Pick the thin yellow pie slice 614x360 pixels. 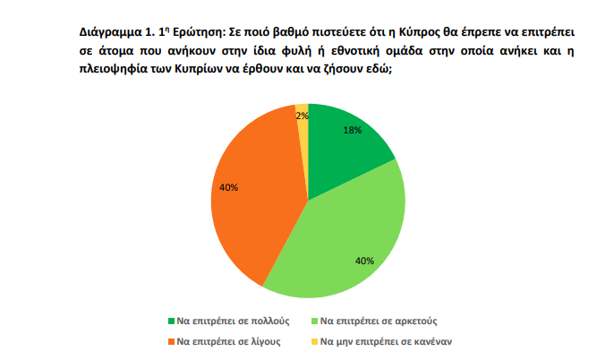pyautogui.click(x=303, y=125)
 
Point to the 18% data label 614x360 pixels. pyautogui.click(x=352, y=130)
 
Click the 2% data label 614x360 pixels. pyautogui.click(x=303, y=116)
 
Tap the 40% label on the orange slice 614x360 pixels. pyautogui.click(x=228, y=188)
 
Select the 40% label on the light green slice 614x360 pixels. pyautogui.click(x=364, y=261)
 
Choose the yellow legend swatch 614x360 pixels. pyautogui.click(x=313, y=341)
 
